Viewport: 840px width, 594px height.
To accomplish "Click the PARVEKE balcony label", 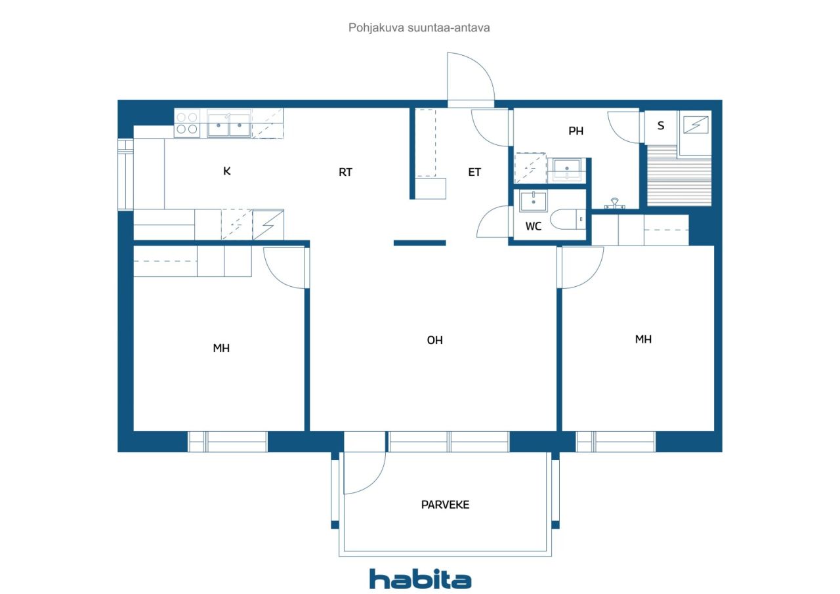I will tap(445, 505).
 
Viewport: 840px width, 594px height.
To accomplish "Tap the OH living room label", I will tap(434, 340).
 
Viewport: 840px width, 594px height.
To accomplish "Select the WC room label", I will tap(534, 226).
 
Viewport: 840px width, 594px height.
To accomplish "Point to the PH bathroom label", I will tap(576, 131).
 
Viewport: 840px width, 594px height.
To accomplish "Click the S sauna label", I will tap(661, 126).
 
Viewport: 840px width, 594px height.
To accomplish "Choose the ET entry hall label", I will tap(474, 173).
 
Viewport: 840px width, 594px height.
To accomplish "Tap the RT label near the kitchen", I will tap(345, 173).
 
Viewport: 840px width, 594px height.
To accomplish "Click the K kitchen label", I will tap(227, 171).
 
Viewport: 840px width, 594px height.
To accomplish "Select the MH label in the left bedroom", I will tap(221, 348).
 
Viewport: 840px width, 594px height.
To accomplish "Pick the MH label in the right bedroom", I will tap(643, 339).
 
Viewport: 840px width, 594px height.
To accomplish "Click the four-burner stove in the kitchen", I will tap(187, 123).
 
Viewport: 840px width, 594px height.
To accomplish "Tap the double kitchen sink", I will tap(229, 123).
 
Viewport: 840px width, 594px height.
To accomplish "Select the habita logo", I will tap(420, 579).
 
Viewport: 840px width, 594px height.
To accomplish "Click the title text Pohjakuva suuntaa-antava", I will tap(419, 28).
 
